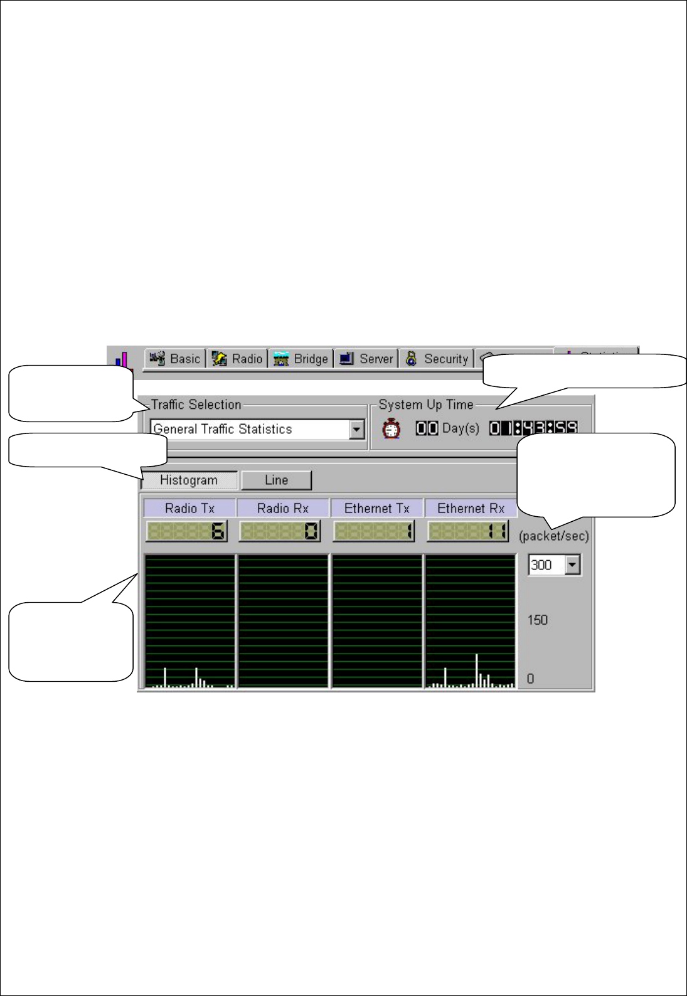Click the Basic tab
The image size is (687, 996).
(x=176, y=359)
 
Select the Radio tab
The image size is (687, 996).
(x=238, y=359)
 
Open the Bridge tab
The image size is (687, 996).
(x=302, y=359)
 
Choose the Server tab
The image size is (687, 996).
(x=367, y=359)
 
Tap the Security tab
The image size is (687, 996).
(x=437, y=359)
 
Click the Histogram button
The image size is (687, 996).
(x=189, y=480)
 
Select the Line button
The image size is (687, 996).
(x=276, y=480)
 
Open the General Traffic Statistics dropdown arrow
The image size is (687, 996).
(x=357, y=430)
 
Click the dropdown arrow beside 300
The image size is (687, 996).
(x=572, y=565)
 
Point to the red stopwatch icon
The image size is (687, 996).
(x=391, y=428)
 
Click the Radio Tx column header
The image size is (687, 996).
(x=189, y=508)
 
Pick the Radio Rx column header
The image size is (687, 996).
(x=283, y=508)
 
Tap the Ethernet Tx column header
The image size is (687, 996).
(x=376, y=508)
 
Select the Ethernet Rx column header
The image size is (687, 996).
(x=471, y=508)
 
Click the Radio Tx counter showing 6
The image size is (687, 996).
(x=187, y=532)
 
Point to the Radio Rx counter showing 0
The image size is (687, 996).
(x=280, y=532)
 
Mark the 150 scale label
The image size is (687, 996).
(x=538, y=620)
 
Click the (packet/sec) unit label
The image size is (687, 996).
(x=554, y=536)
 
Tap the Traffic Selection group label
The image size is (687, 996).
(x=196, y=405)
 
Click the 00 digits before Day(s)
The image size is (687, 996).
(x=427, y=428)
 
